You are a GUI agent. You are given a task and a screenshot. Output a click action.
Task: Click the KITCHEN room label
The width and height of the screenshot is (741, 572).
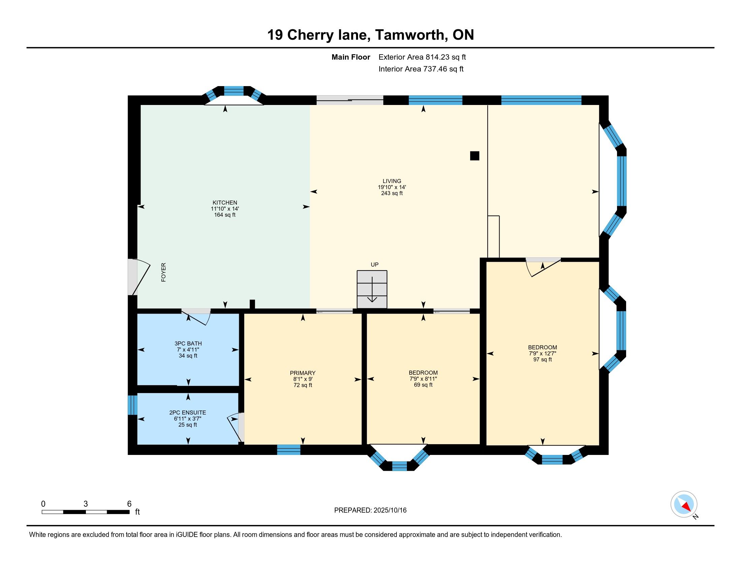225,203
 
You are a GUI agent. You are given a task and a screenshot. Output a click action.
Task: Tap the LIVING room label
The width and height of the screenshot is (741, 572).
392,181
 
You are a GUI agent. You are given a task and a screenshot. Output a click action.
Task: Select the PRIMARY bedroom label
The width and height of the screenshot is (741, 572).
303,373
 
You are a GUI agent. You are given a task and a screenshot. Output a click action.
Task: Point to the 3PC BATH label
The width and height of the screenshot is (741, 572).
188,344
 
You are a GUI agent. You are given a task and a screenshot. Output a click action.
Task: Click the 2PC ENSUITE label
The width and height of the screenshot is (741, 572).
188,413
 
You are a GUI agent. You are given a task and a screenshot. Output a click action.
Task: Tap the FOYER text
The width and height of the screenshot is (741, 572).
164,273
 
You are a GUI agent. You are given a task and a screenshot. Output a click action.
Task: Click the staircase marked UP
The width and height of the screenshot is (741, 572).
372,289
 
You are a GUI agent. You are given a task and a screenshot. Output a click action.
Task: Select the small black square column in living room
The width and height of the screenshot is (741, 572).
475,156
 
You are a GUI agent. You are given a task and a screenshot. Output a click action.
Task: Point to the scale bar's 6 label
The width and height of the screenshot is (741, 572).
129,504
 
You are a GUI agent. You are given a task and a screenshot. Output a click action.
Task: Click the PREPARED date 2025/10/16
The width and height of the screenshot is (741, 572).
390,510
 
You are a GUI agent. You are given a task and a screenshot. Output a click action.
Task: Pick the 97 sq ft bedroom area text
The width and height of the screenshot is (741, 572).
543,360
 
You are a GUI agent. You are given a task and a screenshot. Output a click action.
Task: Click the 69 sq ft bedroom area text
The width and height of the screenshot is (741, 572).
423,385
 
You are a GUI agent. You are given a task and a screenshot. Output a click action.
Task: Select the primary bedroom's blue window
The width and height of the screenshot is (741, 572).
289,450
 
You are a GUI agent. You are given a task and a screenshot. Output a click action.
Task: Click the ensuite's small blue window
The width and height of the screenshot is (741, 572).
132,405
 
